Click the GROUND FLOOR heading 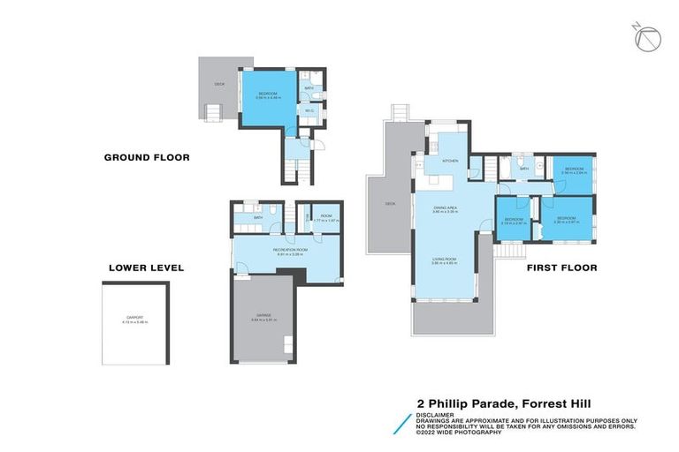(147, 158)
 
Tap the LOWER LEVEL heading (146, 267)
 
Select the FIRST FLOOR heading (561, 267)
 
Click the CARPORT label (134, 319)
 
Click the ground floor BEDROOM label (268, 93)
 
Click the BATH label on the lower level (258, 217)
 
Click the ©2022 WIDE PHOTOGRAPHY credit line (459, 433)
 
